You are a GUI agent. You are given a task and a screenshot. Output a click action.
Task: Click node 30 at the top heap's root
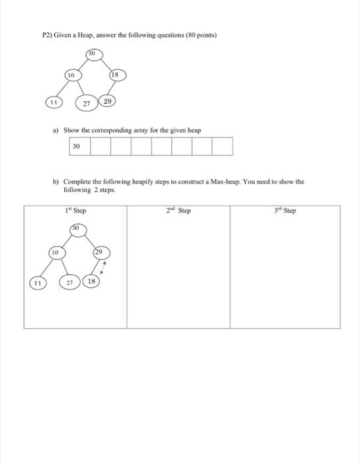point(93,52)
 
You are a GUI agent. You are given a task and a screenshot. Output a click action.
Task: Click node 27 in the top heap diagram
point(86,104)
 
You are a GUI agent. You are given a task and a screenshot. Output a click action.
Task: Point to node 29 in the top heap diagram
point(108,102)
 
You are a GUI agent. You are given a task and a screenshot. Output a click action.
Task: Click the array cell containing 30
point(79,146)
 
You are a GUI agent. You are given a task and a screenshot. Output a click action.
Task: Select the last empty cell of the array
point(223,146)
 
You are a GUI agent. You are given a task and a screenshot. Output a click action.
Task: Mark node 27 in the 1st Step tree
point(71,282)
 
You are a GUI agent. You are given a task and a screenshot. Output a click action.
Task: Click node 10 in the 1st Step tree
point(56,253)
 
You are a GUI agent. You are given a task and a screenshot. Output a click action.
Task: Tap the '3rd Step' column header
point(285,211)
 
